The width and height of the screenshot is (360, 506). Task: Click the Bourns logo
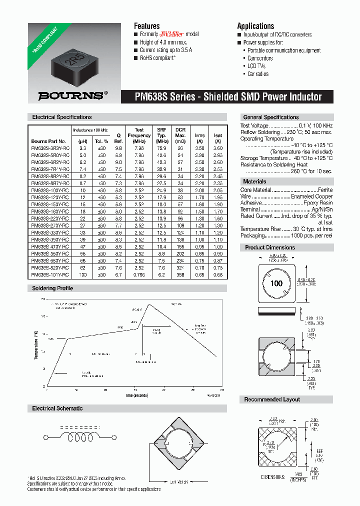tap(72, 94)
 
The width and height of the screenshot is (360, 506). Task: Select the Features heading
tap(146, 26)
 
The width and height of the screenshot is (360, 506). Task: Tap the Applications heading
tap(255, 26)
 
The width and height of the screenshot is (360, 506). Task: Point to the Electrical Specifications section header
tap(61, 117)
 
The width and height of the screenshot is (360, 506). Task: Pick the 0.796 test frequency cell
tap(139, 275)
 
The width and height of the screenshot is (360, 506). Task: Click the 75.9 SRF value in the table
tap(161, 148)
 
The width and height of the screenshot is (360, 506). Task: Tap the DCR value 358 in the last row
tap(180, 275)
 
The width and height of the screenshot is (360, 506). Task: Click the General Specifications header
tap(270, 117)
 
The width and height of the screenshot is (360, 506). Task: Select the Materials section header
tap(254, 181)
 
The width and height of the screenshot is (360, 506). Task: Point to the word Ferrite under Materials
tap(325, 190)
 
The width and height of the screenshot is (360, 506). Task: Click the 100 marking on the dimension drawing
tap(276, 283)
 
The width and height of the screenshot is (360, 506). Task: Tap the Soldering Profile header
tap(52, 288)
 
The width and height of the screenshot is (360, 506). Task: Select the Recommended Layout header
tap(272, 399)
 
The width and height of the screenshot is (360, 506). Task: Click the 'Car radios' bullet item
tap(258, 74)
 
